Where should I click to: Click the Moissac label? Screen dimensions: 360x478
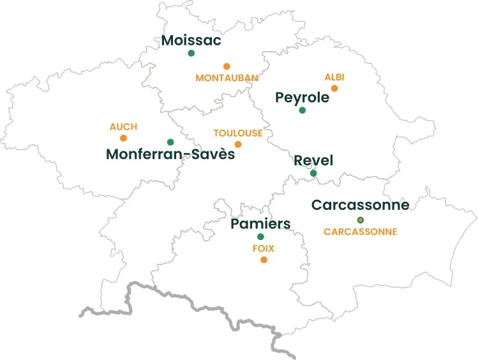[x=191, y=40]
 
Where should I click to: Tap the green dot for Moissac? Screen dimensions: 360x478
[x=191, y=53]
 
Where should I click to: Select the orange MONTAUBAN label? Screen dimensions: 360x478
[x=227, y=78]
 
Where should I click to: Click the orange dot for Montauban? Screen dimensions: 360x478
[x=227, y=66]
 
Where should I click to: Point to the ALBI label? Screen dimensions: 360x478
[x=334, y=77]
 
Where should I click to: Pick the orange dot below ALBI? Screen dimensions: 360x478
[x=334, y=88]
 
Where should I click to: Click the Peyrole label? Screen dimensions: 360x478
[x=302, y=98]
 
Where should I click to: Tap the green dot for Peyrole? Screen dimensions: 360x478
[x=302, y=110]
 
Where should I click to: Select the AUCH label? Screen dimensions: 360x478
[x=123, y=127]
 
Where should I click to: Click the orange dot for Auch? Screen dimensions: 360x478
[x=123, y=138]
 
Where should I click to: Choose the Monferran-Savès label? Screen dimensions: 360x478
[x=170, y=154]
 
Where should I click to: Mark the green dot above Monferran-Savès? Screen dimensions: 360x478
[x=170, y=142]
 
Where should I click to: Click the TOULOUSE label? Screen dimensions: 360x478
[x=237, y=133]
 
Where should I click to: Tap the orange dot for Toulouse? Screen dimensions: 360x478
[x=238, y=144]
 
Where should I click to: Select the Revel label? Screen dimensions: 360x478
[x=313, y=160]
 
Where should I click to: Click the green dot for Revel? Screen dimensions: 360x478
[x=313, y=173]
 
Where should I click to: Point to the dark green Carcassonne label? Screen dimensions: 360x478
[x=360, y=206]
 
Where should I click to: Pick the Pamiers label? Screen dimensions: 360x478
[x=260, y=224]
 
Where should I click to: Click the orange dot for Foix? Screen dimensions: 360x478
[x=264, y=260]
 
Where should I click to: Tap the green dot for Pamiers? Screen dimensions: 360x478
[x=260, y=237]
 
